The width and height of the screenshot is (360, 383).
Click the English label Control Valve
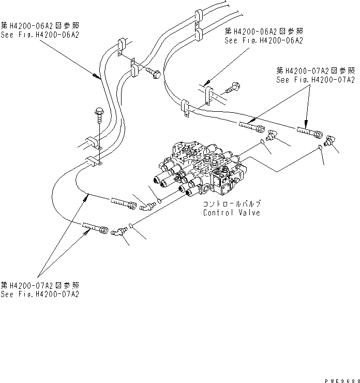click(231, 212)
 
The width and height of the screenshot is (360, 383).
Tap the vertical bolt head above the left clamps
click(99, 112)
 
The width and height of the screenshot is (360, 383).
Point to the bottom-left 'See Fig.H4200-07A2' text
click(40, 294)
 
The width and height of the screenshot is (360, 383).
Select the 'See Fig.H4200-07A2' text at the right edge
click(316, 80)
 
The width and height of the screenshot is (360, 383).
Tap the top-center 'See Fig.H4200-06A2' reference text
click(264, 40)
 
